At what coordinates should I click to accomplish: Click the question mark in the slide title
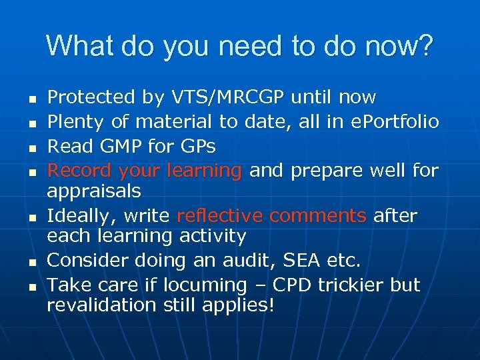(x=425, y=47)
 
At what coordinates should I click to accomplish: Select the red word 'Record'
(x=79, y=171)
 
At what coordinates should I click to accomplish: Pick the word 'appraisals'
(x=94, y=191)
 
